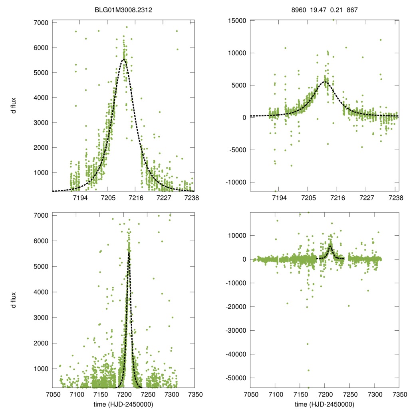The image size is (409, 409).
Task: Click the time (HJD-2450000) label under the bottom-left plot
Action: click(123, 404)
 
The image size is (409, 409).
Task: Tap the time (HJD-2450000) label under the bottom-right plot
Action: click(324, 404)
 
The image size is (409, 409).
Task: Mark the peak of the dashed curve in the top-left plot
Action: click(123, 60)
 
